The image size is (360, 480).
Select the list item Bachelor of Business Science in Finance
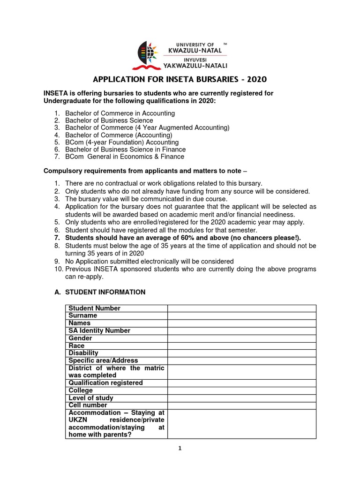pyautogui.click(x=125, y=149)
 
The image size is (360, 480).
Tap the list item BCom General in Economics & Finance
pyautogui.click(x=124, y=157)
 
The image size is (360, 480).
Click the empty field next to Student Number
pyautogui.click(x=242, y=308)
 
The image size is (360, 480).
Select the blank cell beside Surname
pyautogui.click(x=242, y=315)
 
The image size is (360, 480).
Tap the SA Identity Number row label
pyautogui.click(x=99, y=330)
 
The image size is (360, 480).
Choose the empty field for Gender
pyautogui.click(x=242, y=338)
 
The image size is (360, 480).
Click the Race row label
pyautogui.click(x=76, y=345)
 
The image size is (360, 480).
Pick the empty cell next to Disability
pyautogui.click(x=242, y=353)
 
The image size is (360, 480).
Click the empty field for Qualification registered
pyautogui.click(x=242, y=383)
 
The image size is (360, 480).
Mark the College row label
pyautogui.click(x=81, y=390)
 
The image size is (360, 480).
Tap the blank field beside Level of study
pyautogui.click(x=242, y=398)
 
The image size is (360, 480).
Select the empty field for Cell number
pyautogui.click(x=242, y=405)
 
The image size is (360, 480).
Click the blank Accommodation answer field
pyautogui.click(x=242, y=424)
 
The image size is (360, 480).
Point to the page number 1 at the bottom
pyautogui.click(x=180, y=448)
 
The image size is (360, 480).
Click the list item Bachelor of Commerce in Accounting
pyautogui.click(x=120, y=113)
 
